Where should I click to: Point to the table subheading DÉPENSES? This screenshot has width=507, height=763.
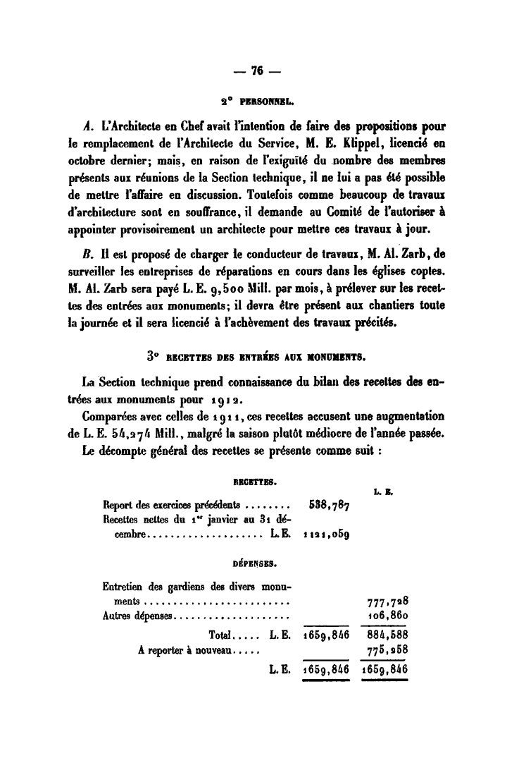[x=254, y=563]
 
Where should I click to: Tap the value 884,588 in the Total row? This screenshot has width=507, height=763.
[x=384, y=634]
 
